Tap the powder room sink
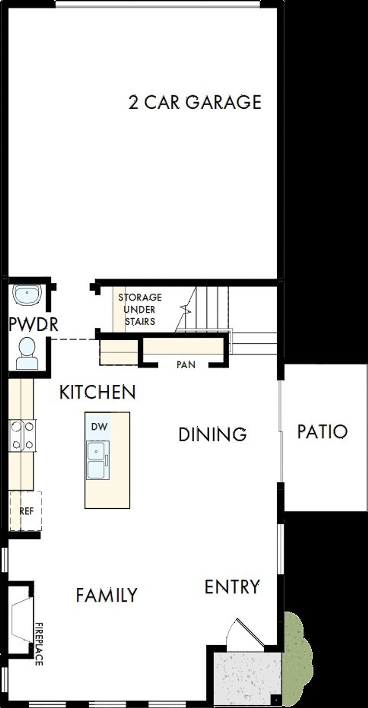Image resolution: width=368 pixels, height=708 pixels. pos(27,294)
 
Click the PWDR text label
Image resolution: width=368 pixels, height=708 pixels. pos(33,324)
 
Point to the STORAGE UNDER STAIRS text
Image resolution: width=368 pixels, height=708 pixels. pos(140,309)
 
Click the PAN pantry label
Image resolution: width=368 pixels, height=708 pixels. pos(186,365)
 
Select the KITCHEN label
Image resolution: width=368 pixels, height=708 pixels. pos(97,392)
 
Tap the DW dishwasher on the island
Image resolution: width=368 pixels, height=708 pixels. pos(99,427)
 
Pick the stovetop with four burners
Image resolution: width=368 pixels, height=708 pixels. pos(22,435)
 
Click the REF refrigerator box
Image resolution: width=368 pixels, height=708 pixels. pos(26,511)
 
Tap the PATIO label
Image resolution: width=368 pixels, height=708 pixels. pos(322,432)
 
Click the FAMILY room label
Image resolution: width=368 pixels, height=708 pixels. pos(107,595)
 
